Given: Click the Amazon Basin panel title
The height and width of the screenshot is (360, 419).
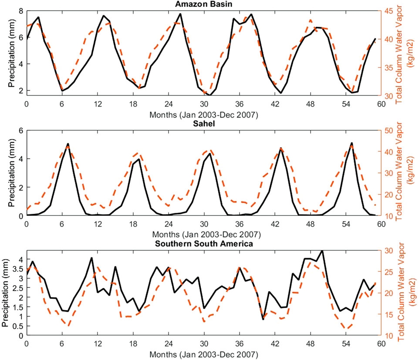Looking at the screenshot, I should pos(203,4).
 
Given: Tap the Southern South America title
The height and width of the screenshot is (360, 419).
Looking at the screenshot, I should pos(203,244).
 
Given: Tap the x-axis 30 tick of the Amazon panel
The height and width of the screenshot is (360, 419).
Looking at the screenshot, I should pos(203,104).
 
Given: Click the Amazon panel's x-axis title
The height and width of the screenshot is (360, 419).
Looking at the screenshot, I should pos(203,115).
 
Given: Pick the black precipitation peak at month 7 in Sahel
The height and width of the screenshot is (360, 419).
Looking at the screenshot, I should pos(68,144).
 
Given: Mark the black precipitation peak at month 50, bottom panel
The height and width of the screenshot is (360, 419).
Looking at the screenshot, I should pos(322,250).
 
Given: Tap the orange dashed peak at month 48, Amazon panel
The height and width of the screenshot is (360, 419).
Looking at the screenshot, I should pos(310,20).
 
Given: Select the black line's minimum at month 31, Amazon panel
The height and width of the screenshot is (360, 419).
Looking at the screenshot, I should pos(210,95).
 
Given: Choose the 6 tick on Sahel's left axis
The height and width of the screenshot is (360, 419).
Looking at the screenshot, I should pos(20,130).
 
